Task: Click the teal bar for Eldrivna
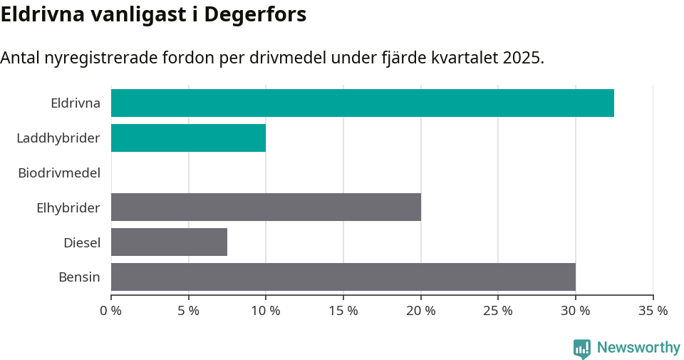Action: pyautogui.click(x=362, y=103)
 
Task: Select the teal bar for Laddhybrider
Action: pyautogui.click(x=188, y=138)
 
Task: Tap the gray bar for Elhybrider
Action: pyautogui.click(x=266, y=207)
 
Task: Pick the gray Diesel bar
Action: pyautogui.click(x=169, y=242)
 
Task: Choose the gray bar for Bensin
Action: pyautogui.click(x=343, y=277)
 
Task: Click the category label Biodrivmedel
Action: pyautogui.click(x=59, y=173)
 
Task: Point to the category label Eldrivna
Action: pyautogui.click(x=76, y=103)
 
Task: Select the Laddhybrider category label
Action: pyautogui.click(x=58, y=138)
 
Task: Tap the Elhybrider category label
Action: pyautogui.click(x=68, y=207)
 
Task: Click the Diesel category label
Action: pyautogui.click(x=82, y=242)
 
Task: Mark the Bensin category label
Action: pyautogui.click(x=79, y=277)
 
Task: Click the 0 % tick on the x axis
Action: pyautogui.click(x=111, y=311)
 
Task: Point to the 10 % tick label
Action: pyautogui.click(x=266, y=311)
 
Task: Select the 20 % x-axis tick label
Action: pyautogui.click(x=420, y=311)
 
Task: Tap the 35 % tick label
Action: pyautogui.click(x=653, y=311)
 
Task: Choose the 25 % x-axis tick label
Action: pyautogui.click(x=498, y=311)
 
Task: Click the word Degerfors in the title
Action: pyautogui.click(x=255, y=14)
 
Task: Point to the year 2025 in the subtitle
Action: pyautogui.click(x=521, y=58)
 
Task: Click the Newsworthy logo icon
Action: pyautogui.click(x=582, y=348)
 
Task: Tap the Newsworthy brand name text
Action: pyautogui.click(x=638, y=348)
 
